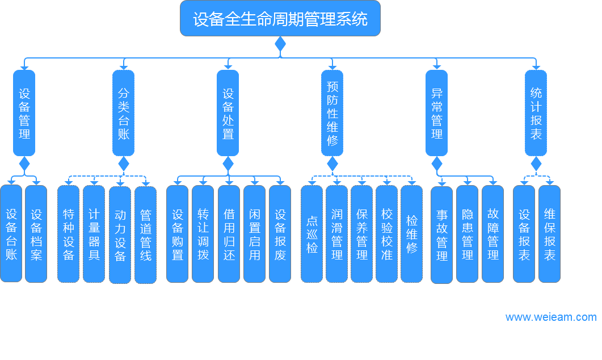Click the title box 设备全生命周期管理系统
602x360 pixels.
click(x=280, y=19)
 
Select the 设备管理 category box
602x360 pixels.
click(x=24, y=113)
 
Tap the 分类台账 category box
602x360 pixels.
click(x=124, y=113)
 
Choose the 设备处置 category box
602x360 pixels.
click(x=228, y=113)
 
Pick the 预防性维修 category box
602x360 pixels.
click(x=332, y=113)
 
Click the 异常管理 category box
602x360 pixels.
click(x=437, y=113)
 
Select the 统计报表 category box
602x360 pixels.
click(x=536, y=113)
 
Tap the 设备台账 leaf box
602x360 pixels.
click(x=11, y=233)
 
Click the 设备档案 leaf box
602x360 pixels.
click(x=36, y=233)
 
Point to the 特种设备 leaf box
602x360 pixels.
click(x=69, y=234)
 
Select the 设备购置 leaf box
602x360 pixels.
click(x=178, y=234)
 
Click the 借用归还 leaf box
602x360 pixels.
click(x=229, y=234)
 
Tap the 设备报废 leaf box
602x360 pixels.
click(x=280, y=234)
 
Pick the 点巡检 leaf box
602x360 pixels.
click(x=312, y=234)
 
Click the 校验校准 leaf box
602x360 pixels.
click(x=387, y=234)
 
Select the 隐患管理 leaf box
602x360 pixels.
click(x=468, y=234)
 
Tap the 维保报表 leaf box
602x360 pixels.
click(x=550, y=234)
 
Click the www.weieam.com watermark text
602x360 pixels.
click(x=551, y=317)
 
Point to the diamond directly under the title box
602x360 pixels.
click(x=280, y=44)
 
